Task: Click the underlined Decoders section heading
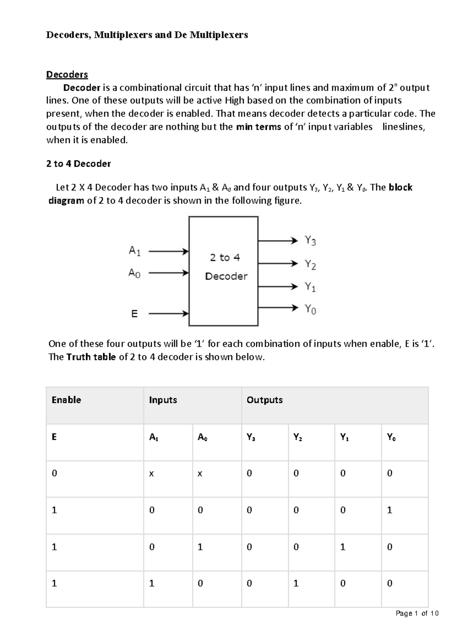[67, 74]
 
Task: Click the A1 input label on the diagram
[135, 251]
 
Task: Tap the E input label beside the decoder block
[134, 314]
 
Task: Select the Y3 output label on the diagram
[310, 240]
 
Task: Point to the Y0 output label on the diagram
[310, 309]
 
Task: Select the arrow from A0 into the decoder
[168, 273]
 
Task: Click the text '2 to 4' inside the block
[225, 257]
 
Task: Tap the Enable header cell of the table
[66, 400]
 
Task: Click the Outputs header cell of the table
[264, 400]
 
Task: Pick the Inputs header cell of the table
[163, 400]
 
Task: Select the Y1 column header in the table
[344, 437]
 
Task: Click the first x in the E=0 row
[151, 474]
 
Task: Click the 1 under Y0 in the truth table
[389, 510]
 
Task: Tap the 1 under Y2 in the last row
[296, 583]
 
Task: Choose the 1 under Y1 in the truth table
[343, 547]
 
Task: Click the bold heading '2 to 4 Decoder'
[78, 164]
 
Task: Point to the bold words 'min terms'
[258, 127]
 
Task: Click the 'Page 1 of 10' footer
[417, 613]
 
